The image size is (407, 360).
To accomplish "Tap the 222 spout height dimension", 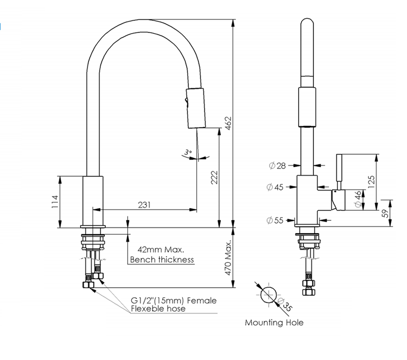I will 214,177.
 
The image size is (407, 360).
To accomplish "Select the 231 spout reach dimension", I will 144,204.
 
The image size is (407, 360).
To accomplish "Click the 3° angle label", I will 188,152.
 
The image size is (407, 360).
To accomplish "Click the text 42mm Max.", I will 161,250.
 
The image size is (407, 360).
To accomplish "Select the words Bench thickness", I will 162,260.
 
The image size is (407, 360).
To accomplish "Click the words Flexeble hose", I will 158,309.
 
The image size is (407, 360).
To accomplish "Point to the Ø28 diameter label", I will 278,165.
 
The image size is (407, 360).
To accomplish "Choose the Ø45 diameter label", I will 275,187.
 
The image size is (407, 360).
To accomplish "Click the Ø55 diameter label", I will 275,220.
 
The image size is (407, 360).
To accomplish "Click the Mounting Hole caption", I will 274,322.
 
